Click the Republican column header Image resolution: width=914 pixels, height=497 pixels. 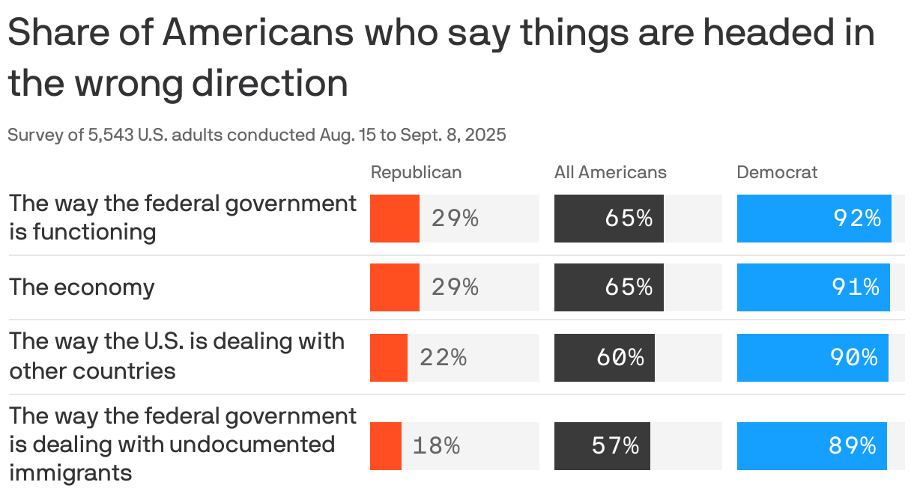tap(416, 172)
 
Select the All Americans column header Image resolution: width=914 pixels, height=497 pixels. tap(610, 172)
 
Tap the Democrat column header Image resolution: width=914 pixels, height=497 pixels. tap(777, 172)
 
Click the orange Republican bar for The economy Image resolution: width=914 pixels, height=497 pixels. tap(394, 287)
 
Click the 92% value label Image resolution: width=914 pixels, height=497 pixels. tap(857, 219)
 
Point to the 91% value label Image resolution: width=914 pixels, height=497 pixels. tap(856, 287)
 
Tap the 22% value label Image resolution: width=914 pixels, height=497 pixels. tap(443, 358)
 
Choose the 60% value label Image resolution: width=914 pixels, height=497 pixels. tap(620, 358)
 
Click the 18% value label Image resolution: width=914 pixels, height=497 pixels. tap(436, 446)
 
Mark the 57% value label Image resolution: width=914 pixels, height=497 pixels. tap(615, 446)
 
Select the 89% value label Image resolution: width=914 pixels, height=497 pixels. tap(852, 446)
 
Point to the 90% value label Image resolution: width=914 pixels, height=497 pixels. tap(853, 358)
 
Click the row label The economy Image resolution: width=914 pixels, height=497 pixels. tap(82, 287)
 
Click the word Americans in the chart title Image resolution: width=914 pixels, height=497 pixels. tap(258, 34)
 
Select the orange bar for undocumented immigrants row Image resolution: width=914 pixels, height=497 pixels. tap(385, 446)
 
